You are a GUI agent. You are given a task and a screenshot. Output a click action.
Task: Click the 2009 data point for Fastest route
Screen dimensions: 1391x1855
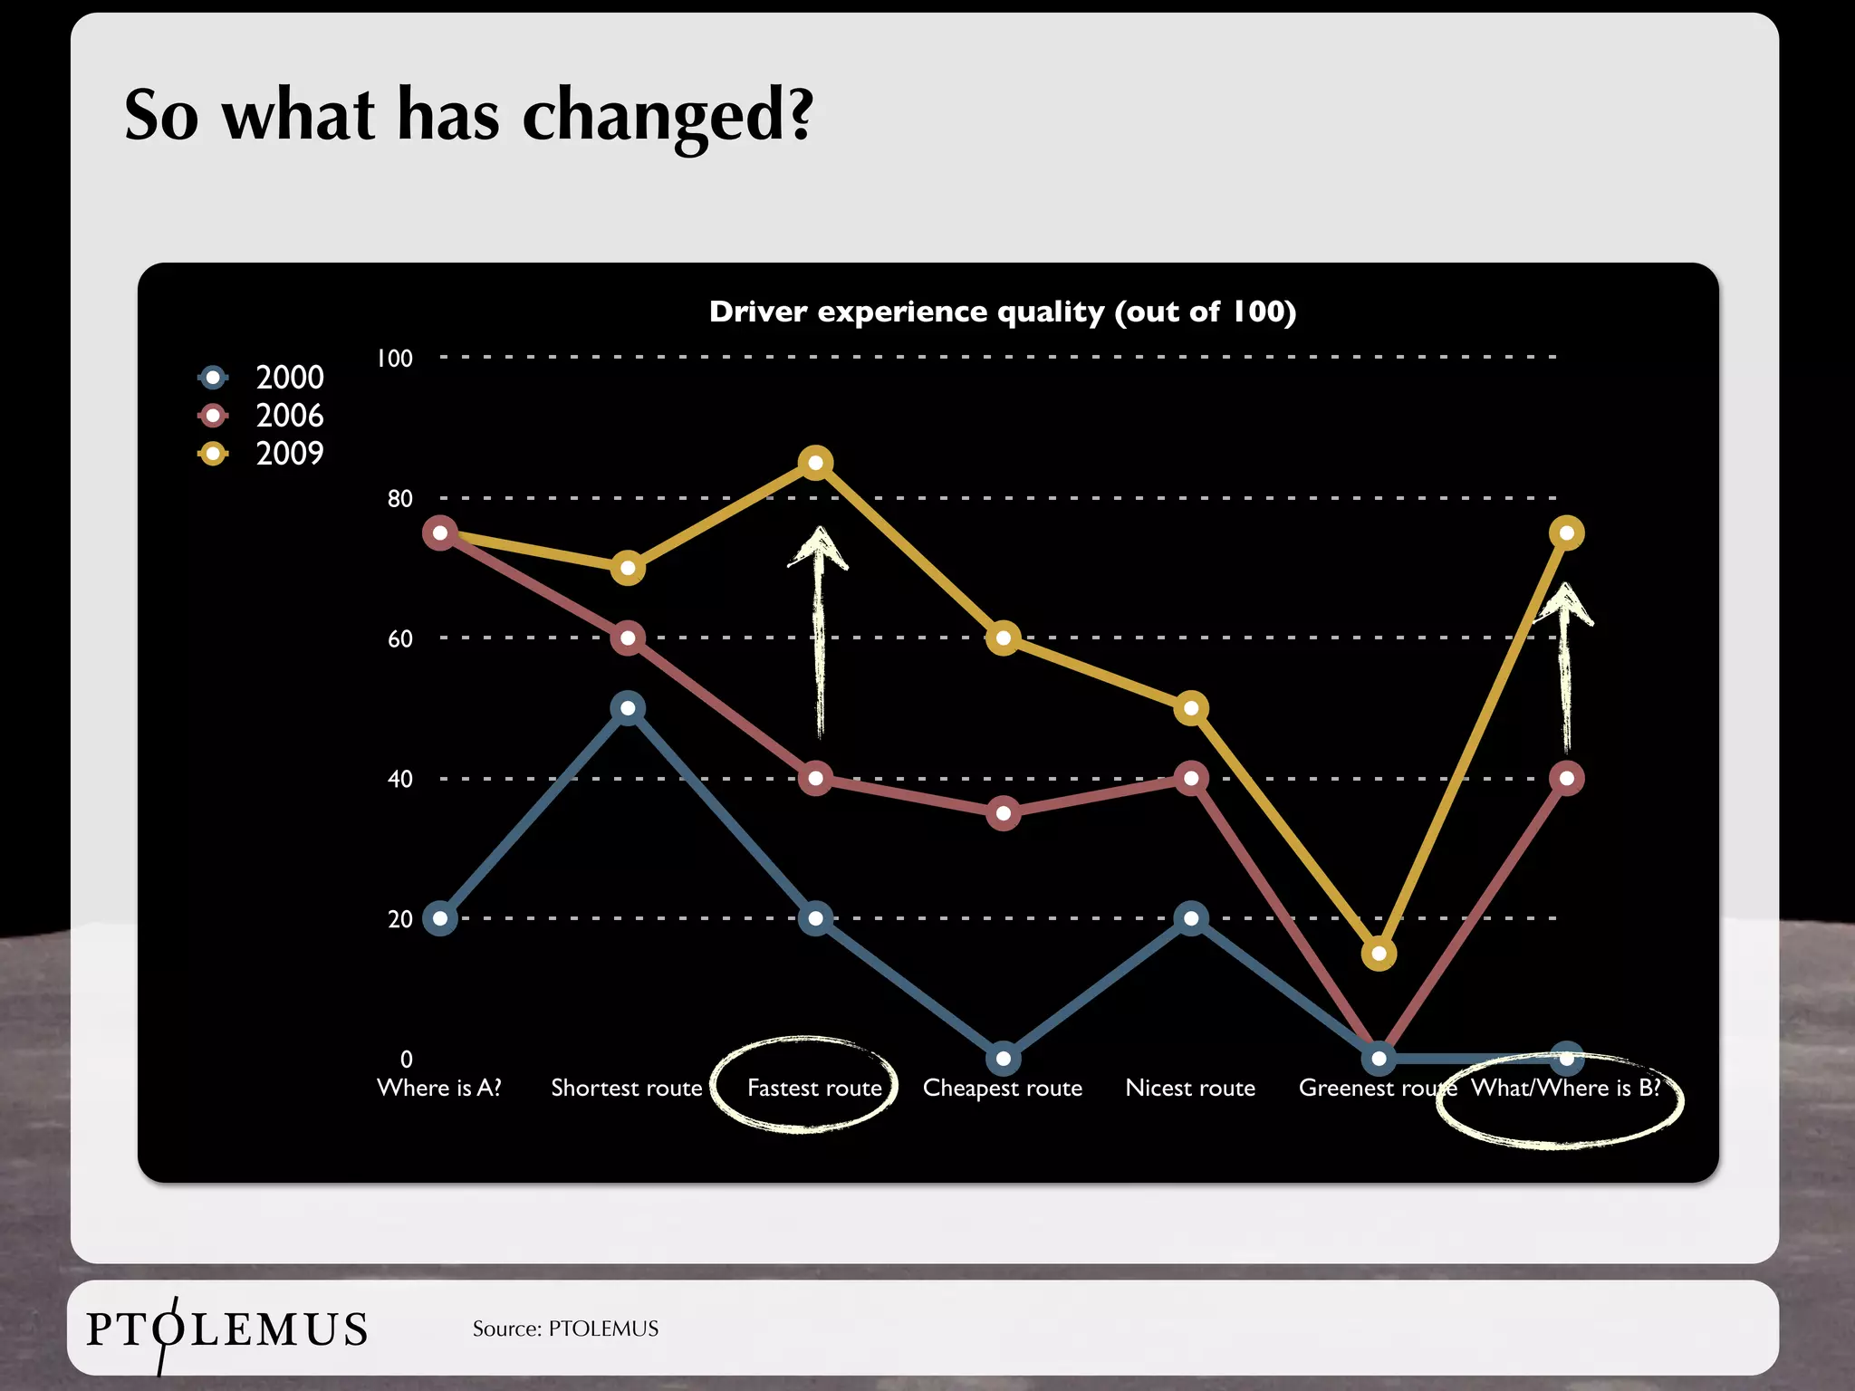click(x=815, y=463)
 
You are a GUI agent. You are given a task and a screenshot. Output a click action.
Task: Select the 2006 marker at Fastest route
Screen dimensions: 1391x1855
click(x=815, y=778)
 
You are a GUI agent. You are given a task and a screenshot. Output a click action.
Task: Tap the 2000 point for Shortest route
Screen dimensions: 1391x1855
click(x=628, y=707)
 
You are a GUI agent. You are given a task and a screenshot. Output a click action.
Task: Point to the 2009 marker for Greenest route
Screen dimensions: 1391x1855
click(x=1379, y=953)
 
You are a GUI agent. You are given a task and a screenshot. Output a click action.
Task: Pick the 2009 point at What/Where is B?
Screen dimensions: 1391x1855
click(x=1566, y=532)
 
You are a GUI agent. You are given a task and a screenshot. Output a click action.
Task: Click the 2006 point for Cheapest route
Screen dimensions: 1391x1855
click(x=1003, y=813)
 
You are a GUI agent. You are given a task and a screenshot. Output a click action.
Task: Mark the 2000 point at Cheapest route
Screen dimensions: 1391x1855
click(x=1003, y=1058)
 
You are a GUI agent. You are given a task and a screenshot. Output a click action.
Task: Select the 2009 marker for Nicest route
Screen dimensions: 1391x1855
click(x=1191, y=707)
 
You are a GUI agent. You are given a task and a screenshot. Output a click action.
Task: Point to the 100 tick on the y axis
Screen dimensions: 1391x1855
click(x=395, y=359)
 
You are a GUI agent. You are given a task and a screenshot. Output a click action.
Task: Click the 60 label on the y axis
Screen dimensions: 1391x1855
click(x=399, y=639)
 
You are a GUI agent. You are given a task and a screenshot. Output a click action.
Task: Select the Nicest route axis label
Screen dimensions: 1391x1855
click(x=1190, y=1088)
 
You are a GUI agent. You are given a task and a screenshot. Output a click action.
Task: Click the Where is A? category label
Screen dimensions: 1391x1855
click(x=439, y=1088)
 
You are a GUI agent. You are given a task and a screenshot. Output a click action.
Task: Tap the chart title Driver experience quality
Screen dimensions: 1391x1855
click(x=1002, y=312)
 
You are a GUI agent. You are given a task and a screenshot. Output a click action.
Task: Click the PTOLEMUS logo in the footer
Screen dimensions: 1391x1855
click(x=226, y=1329)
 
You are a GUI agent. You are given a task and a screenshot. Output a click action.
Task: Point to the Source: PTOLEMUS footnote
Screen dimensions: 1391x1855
click(x=565, y=1329)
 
